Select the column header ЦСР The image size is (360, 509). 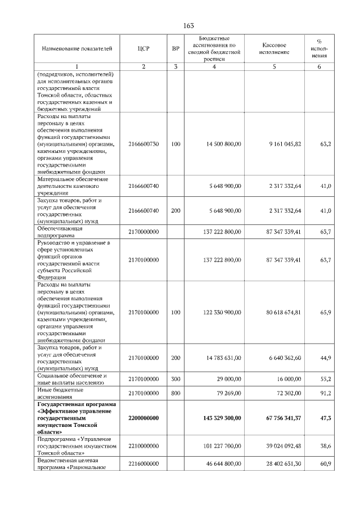(143, 49)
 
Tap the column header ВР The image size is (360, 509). (175, 49)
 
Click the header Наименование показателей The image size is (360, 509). (73, 49)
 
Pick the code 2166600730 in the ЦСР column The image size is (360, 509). (143, 145)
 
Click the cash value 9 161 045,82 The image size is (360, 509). (285, 145)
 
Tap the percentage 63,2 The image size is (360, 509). (325, 145)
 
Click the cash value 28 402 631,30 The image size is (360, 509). (284, 465)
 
